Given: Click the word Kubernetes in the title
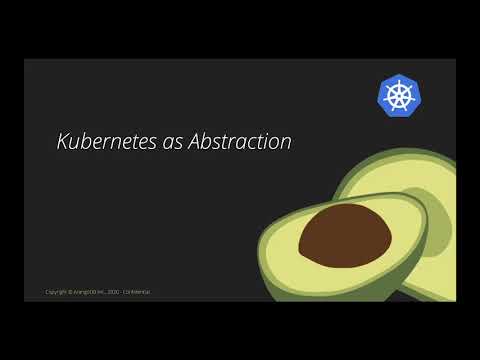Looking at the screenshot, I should (101, 142).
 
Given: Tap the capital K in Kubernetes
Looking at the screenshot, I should (61, 142).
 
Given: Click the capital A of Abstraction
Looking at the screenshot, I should (186, 142).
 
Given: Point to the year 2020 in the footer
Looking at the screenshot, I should (116, 292).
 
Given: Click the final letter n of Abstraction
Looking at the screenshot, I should (286, 143).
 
